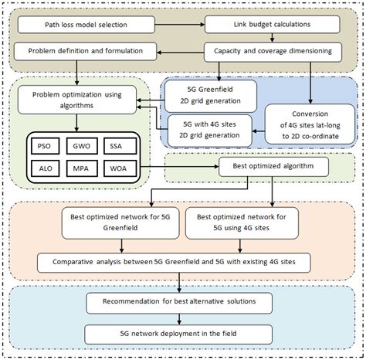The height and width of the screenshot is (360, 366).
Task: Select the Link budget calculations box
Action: point(271,25)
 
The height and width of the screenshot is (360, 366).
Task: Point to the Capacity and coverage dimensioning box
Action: point(273,53)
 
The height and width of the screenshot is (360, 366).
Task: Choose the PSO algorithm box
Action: point(42,145)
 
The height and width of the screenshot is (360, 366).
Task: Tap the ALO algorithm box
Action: point(42,167)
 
